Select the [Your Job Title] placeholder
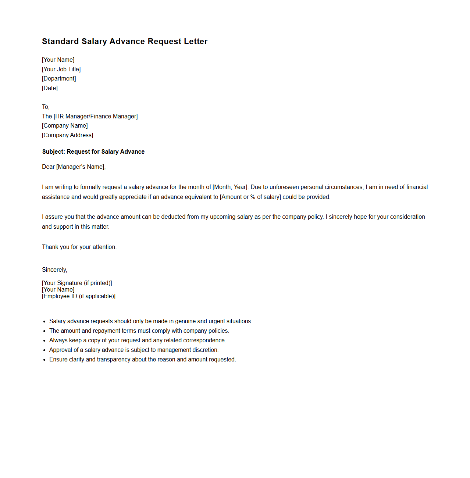61,69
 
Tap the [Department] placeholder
59,78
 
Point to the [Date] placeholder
50,88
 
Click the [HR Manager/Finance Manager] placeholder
96,116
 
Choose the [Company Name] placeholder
65,125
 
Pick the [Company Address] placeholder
68,135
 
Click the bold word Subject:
54,151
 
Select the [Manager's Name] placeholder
81,167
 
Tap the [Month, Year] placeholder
230,187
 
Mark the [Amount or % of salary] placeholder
250,197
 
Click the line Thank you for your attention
79,247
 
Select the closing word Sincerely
54,270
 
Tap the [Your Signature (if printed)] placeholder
77,283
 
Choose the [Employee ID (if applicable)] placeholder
79,296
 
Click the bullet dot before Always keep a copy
44,340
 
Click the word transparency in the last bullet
114,359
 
